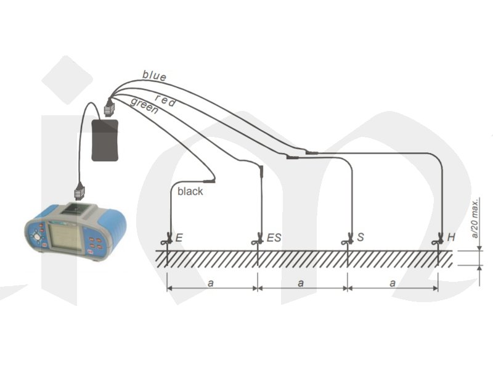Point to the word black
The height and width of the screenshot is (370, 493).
(x=190, y=192)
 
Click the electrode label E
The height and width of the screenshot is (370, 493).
(x=179, y=237)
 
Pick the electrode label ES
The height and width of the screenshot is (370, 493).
(x=274, y=237)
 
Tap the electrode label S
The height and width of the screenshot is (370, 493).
(x=360, y=237)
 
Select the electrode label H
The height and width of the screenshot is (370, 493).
(x=451, y=237)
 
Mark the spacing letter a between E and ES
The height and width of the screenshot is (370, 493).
(x=211, y=282)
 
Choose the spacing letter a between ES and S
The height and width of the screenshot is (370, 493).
(x=301, y=282)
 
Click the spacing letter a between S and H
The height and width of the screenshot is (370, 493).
(x=393, y=282)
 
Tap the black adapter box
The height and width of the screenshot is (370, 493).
(x=105, y=140)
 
